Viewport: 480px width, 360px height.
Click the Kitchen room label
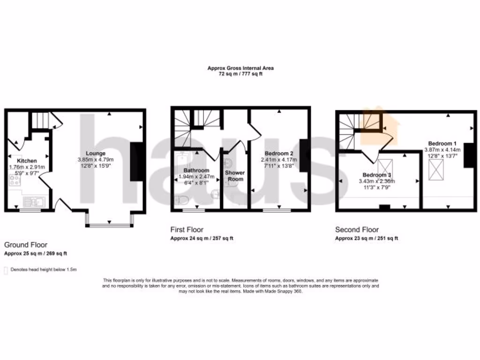[x=17, y=161]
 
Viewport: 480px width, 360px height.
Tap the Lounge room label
[x=95, y=153]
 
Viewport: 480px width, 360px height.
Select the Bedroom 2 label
[x=279, y=153]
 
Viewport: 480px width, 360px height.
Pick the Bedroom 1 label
[x=442, y=143]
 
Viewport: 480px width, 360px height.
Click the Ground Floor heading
[x=26, y=245]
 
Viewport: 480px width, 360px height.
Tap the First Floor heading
[x=187, y=230]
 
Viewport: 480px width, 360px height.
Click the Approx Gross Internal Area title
[x=240, y=68]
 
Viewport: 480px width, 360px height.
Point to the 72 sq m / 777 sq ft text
[x=240, y=74]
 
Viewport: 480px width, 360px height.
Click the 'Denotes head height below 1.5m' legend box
[x=6, y=270]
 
